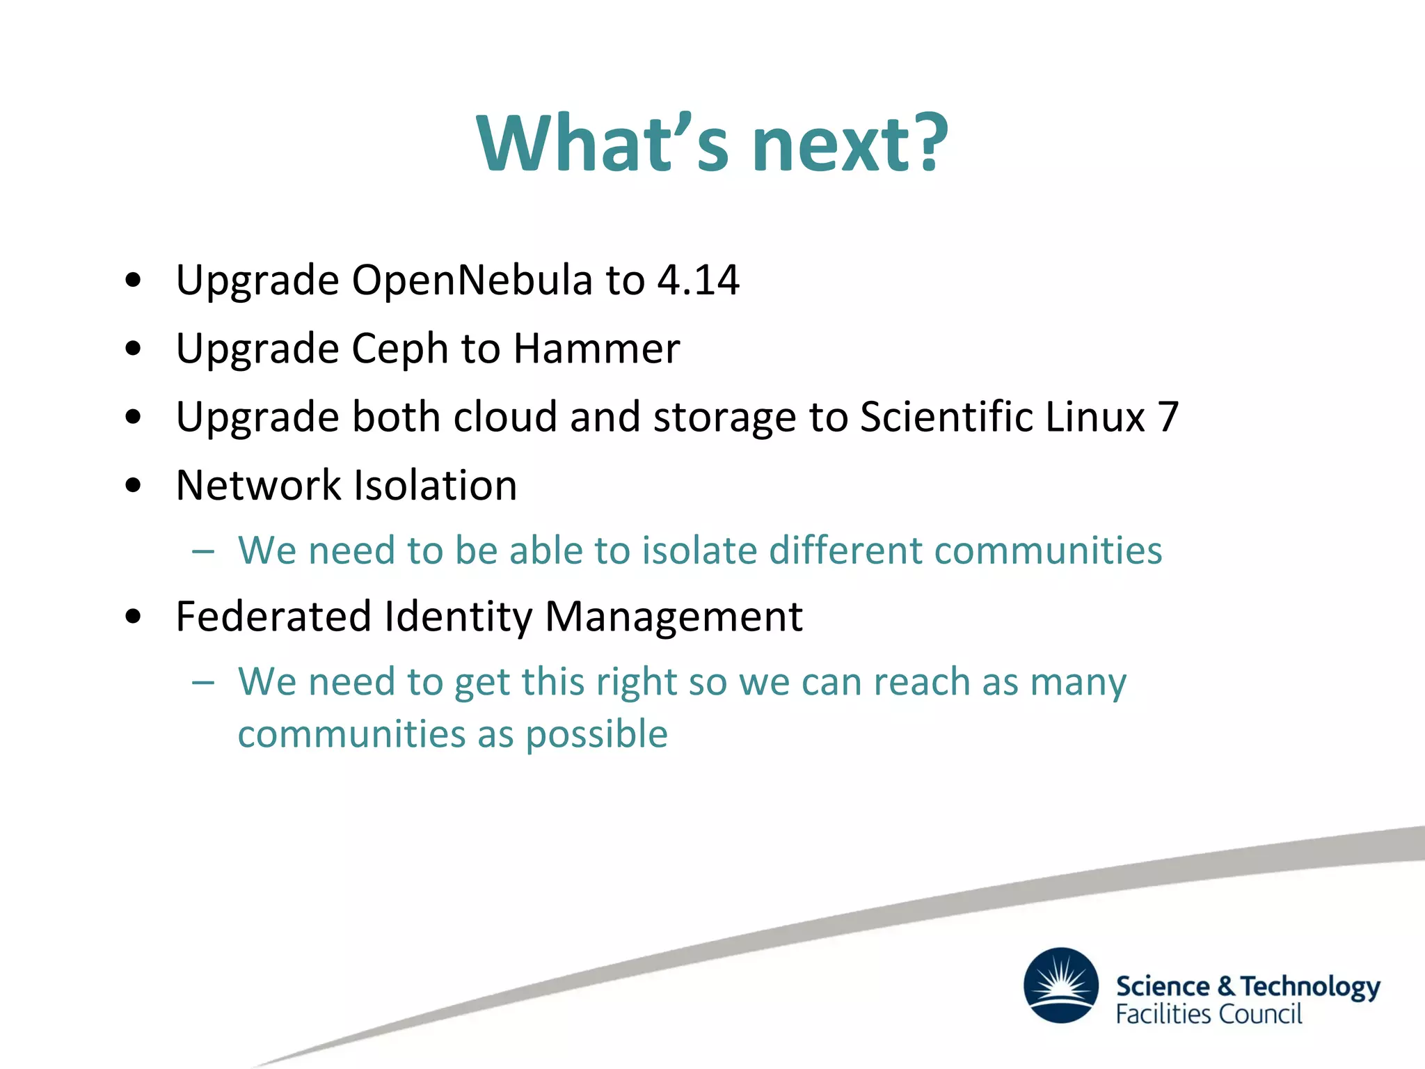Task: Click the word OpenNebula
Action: [472, 280]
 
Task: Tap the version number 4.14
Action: [698, 280]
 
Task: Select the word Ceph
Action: [400, 349]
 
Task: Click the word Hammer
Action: [596, 349]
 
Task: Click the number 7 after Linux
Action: [1168, 417]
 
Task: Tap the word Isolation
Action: [436, 485]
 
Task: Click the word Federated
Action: [273, 617]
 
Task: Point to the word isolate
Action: [699, 551]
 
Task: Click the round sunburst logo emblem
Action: [1061, 985]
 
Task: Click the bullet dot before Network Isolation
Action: [134, 486]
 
